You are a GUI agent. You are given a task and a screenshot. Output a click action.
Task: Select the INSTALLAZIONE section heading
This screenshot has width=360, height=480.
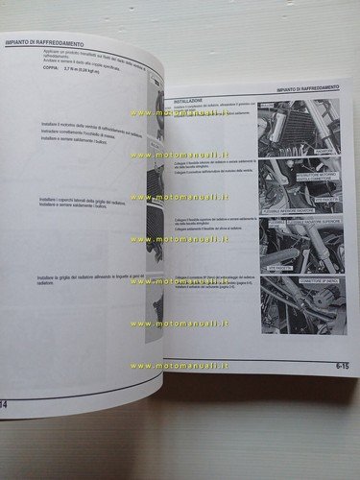[188, 100]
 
